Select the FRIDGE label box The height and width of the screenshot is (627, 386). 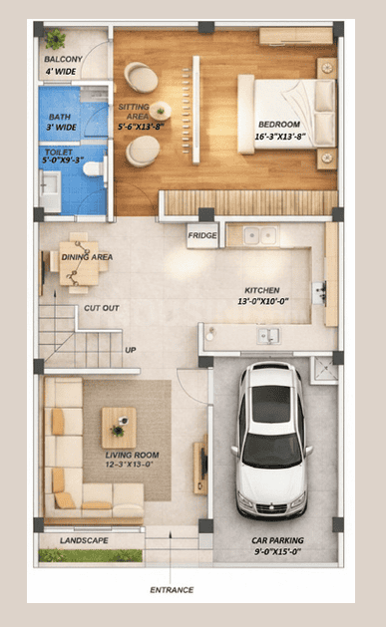tap(201, 236)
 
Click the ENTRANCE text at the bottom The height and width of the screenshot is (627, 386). tap(172, 590)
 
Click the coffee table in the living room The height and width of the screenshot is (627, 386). tap(119, 427)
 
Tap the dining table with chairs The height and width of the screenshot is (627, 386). tap(77, 261)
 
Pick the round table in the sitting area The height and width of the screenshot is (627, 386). tap(160, 110)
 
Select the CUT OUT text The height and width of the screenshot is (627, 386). tap(101, 308)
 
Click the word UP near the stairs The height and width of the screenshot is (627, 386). tap(130, 350)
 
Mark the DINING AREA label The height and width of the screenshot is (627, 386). tap(88, 256)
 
